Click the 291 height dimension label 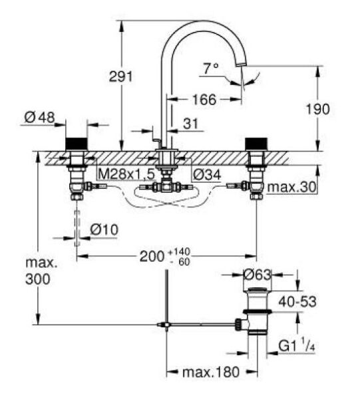tap(121, 76)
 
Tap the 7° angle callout tap(211, 68)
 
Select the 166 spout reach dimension tap(204, 99)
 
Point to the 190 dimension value tap(317, 110)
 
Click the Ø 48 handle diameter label tap(40, 118)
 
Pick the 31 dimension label tap(191, 124)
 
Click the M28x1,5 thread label tap(126, 174)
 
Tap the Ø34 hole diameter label tap(207, 174)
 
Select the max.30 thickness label tap(291, 188)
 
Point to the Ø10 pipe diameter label tap(104, 230)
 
